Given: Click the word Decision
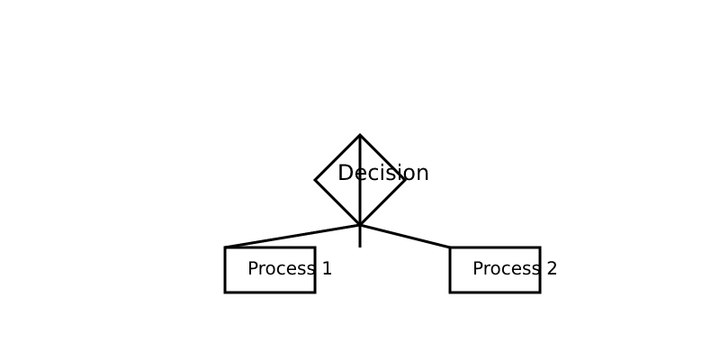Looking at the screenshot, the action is coord(383,173).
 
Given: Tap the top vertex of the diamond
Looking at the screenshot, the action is coord(360,135).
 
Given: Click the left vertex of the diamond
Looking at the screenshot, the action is coord(315,180).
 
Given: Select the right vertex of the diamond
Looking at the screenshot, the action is coord(405,180).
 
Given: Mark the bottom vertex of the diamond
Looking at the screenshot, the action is coord(360,225).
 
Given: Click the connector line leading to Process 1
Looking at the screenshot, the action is coord(292,236).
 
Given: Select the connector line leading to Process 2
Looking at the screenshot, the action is coord(405,236).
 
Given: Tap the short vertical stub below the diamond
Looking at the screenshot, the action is coord(360,236).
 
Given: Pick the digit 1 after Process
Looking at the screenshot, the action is coord(327,268).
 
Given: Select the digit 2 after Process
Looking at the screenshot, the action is coord(552,268).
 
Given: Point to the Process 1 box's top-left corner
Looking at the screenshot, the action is coord(225,247).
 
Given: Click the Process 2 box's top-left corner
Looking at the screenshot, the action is coord(450,247).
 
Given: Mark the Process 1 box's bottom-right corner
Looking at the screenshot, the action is coord(315,292).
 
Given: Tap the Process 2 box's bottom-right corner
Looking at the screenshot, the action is coord(540,292).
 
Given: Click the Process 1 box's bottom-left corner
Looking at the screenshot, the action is coord(225,292).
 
